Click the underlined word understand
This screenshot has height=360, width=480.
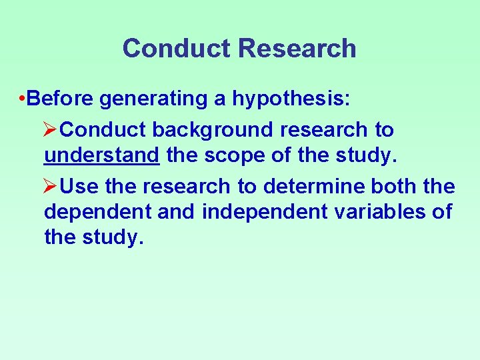pos(101,156)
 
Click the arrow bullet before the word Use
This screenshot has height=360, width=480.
pos(55,186)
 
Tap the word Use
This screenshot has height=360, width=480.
pos(83,186)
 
